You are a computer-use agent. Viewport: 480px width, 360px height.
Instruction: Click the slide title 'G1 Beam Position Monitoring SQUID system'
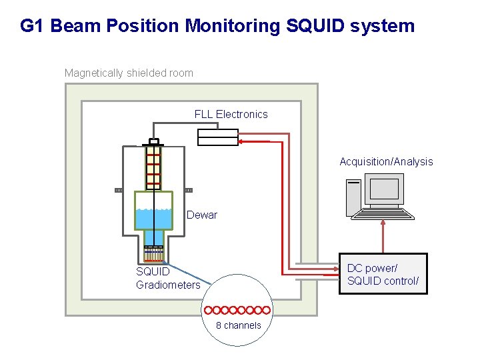(217, 26)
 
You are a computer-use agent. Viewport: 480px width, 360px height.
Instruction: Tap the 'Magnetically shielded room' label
(129, 73)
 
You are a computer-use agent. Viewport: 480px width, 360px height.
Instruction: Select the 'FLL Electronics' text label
(231, 114)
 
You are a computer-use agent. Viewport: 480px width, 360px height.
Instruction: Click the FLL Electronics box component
(218, 137)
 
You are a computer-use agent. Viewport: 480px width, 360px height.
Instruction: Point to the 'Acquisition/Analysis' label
(386, 161)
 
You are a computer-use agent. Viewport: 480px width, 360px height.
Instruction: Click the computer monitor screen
(384, 189)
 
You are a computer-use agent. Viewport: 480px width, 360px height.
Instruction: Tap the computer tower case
(353, 197)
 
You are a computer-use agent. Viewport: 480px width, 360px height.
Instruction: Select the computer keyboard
(383, 213)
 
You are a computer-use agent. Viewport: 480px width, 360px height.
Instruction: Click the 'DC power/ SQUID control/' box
(383, 274)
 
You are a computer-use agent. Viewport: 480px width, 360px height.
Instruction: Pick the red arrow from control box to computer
(383, 237)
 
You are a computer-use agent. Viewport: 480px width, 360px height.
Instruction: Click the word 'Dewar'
(201, 215)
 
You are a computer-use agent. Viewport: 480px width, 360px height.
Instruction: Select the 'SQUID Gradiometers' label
(167, 278)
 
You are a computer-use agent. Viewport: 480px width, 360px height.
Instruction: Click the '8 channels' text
(238, 325)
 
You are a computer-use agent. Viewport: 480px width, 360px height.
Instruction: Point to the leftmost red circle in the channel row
(209, 310)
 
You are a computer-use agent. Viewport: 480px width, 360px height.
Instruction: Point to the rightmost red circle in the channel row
(266, 310)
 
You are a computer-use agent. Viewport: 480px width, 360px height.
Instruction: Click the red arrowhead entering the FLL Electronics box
(243, 141)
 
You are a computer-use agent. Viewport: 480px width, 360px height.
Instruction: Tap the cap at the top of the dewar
(154, 141)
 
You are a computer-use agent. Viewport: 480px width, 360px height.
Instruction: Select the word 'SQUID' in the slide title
(313, 26)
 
